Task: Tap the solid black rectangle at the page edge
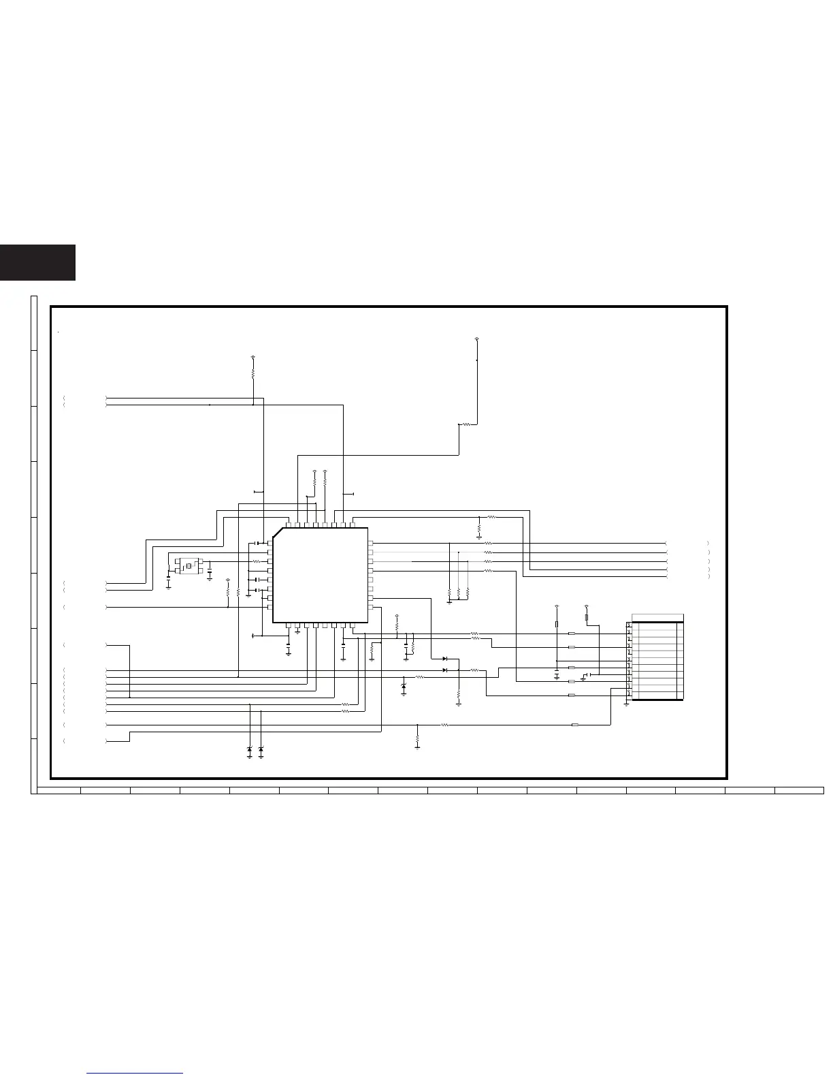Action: (x=37, y=262)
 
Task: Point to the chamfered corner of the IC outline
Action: (x=277, y=532)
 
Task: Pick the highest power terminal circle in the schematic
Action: (x=476, y=339)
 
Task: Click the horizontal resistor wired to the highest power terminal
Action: (x=467, y=424)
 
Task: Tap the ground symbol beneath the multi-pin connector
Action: (x=626, y=703)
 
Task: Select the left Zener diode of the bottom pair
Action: (x=250, y=749)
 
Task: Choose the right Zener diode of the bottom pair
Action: (x=261, y=749)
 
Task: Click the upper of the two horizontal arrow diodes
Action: (x=445, y=659)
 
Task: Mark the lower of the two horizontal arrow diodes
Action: (x=445, y=670)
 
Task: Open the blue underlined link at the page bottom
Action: (x=135, y=1073)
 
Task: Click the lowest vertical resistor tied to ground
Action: (x=417, y=738)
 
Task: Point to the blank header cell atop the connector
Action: (x=657, y=618)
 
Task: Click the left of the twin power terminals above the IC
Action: (x=314, y=471)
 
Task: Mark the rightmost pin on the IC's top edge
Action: (x=352, y=525)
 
